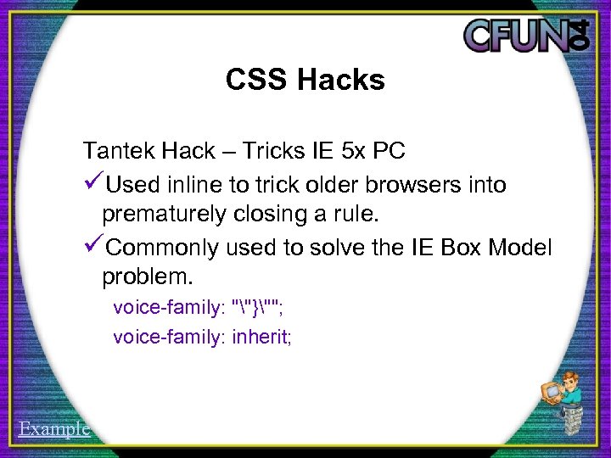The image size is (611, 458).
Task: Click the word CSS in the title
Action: (253, 81)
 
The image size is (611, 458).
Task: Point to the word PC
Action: (387, 152)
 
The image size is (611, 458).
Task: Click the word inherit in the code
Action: (261, 338)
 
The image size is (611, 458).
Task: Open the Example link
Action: (54, 428)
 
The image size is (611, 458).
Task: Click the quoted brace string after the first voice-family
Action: (259, 307)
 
